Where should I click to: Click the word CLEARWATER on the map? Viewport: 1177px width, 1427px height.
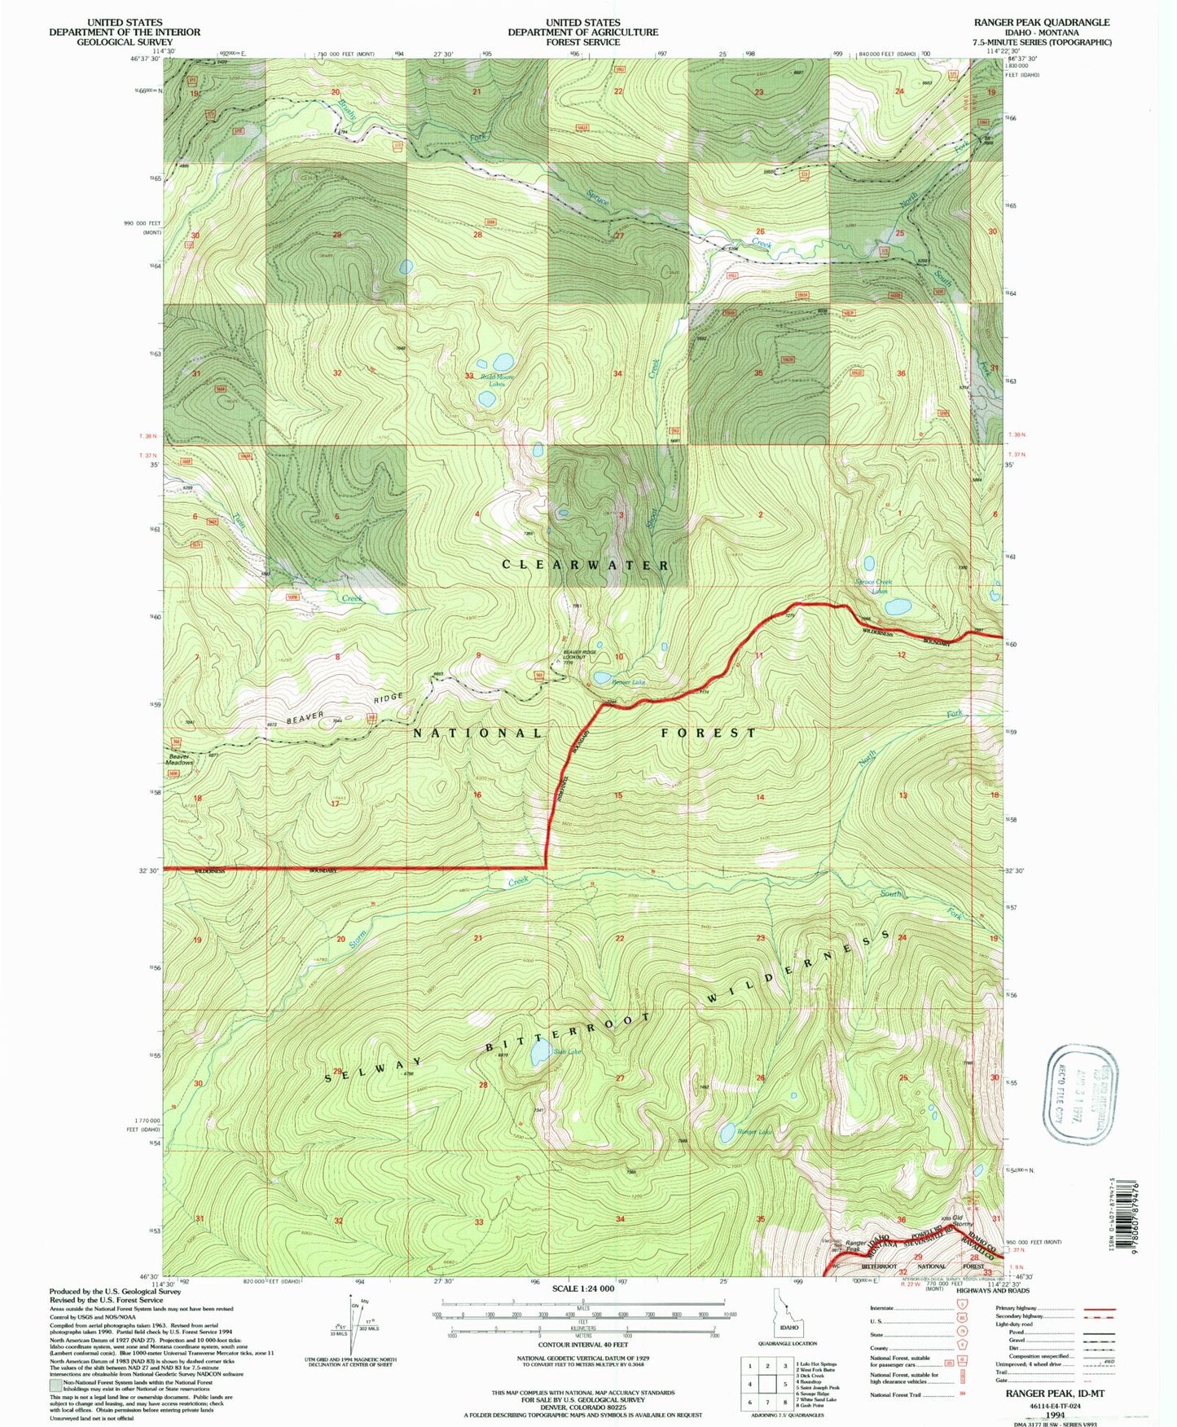coord(586,565)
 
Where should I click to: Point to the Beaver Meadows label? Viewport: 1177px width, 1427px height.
coord(179,760)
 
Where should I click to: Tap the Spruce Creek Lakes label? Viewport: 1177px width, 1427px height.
coord(874,586)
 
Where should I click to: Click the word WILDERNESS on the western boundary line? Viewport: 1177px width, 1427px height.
coord(209,871)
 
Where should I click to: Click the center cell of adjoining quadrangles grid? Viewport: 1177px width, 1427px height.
coord(767,1384)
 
